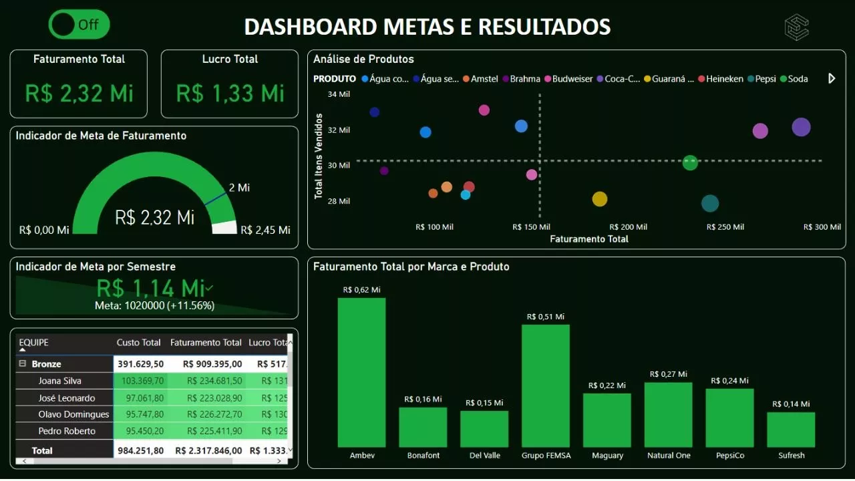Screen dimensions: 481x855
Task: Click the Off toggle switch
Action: pyautogui.click(x=79, y=25)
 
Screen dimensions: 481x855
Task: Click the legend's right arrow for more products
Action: pyautogui.click(x=832, y=79)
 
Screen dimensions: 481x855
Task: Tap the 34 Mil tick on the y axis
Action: pyautogui.click(x=339, y=94)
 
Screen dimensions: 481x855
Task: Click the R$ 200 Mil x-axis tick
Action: pyautogui.click(x=628, y=227)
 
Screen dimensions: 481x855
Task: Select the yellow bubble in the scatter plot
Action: pyautogui.click(x=600, y=198)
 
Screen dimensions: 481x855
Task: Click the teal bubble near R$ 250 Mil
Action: pyautogui.click(x=710, y=203)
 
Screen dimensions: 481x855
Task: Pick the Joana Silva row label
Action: pyautogui.click(x=59, y=381)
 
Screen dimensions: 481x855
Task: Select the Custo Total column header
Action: pyautogui.click(x=138, y=343)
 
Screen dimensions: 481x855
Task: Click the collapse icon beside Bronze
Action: pyautogui.click(x=23, y=364)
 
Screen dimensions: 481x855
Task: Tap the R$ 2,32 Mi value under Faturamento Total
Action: pyautogui.click(x=79, y=93)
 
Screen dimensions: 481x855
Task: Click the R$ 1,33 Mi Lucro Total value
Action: pyautogui.click(x=230, y=93)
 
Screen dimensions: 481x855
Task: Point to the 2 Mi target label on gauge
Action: pyautogui.click(x=239, y=188)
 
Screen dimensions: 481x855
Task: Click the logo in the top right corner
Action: pyautogui.click(x=796, y=27)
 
